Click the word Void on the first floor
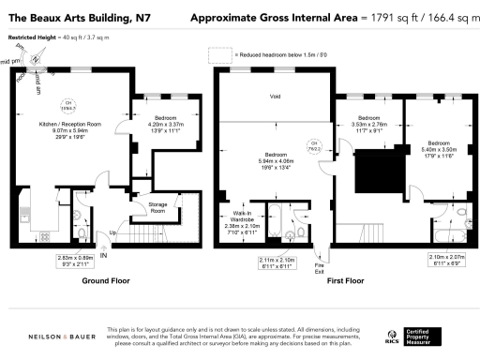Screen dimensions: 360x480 pyautogui.click(x=276, y=97)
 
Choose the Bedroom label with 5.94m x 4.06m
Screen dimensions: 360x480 pyautogui.click(x=276, y=159)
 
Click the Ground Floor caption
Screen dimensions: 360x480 pyautogui.click(x=106, y=280)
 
